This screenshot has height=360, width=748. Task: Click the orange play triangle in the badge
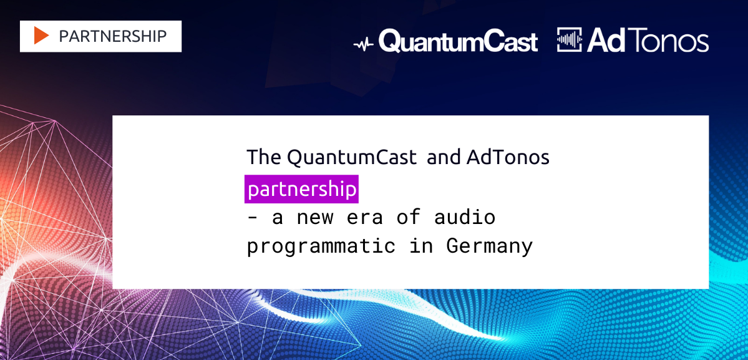(42, 36)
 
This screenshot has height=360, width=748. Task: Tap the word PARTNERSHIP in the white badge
(112, 36)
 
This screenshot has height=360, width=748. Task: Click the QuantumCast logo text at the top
(458, 41)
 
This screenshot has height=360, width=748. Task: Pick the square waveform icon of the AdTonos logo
(570, 40)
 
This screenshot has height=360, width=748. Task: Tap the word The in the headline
(264, 157)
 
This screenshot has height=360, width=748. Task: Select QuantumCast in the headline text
(352, 157)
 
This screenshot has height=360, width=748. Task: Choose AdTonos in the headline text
(508, 157)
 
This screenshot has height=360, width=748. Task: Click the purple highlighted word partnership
(301, 189)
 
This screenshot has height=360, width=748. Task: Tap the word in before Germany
(420, 246)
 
